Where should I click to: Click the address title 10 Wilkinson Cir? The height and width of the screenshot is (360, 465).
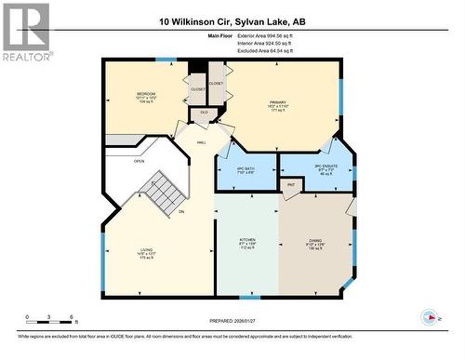(x=232, y=20)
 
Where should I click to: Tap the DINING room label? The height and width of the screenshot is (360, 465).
(x=316, y=242)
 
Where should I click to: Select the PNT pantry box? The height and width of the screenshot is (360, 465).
(x=291, y=185)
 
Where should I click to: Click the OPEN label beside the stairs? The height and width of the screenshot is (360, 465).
(x=139, y=161)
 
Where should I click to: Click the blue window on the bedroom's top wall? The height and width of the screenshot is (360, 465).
(x=165, y=60)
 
